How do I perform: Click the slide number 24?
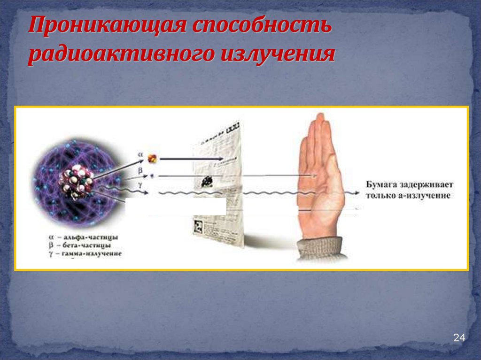(x=458, y=338)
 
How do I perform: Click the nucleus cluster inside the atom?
(x=76, y=183)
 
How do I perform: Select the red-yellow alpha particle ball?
(x=152, y=159)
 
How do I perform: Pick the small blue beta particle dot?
(x=152, y=176)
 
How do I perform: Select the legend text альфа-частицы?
(x=87, y=237)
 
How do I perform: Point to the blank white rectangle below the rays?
(x=176, y=207)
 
